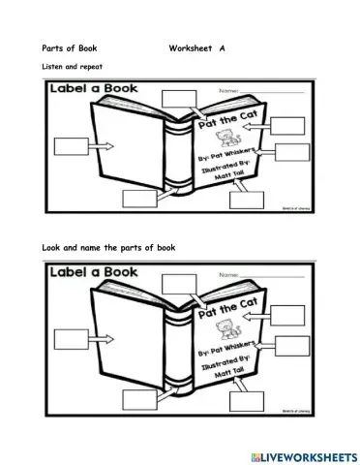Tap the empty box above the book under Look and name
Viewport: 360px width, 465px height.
coord(177,284)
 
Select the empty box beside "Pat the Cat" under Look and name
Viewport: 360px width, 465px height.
coord(289,311)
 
